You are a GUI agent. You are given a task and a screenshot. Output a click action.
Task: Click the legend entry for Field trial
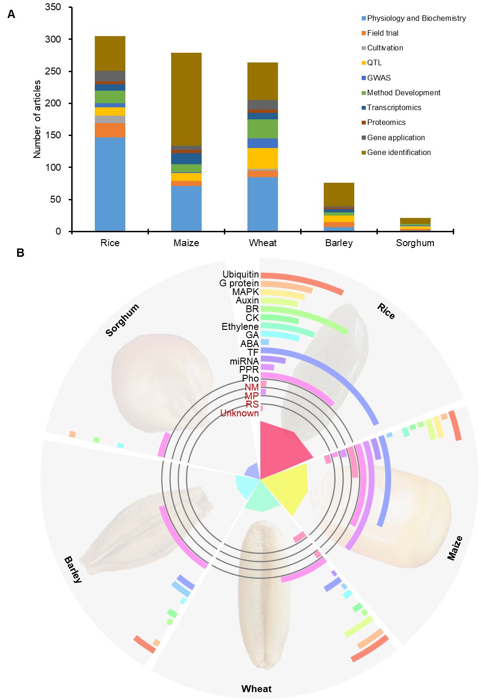click(x=380, y=33)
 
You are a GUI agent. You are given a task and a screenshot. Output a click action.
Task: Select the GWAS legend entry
click(x=376, y=78)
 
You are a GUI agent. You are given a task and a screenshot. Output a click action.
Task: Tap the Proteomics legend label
click(x=386, y=123)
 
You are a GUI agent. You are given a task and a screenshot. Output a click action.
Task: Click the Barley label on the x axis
click(x=339, y=243)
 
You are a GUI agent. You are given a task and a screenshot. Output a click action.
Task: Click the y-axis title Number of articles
click(x=37, y=119)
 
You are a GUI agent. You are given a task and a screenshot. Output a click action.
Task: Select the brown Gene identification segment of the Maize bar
click(x=186, y=99)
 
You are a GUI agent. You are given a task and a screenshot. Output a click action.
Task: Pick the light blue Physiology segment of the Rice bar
click(x=110, y=185)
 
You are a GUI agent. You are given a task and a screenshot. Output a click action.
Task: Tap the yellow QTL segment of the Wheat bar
click(x=263, y=158)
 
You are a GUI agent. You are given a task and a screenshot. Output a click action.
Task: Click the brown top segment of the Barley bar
click(x=339, y=194)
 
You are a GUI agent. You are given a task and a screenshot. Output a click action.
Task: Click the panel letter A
click(x=11, y=14)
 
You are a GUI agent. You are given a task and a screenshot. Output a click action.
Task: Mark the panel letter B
click(x=20, y=253)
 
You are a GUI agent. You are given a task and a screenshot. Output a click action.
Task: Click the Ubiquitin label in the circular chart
click(x=240, y=274)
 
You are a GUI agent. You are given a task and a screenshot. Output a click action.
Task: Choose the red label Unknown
click(x=240, y=413)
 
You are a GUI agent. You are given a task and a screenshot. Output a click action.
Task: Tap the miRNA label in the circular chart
click(x=244, y=361)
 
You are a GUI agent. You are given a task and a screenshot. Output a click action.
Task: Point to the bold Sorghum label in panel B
click(x=122, y=320)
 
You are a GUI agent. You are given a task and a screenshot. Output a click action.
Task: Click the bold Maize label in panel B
click(x=455, y=548)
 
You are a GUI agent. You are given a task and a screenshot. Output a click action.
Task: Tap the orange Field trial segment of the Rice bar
click(x=110, y=130)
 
